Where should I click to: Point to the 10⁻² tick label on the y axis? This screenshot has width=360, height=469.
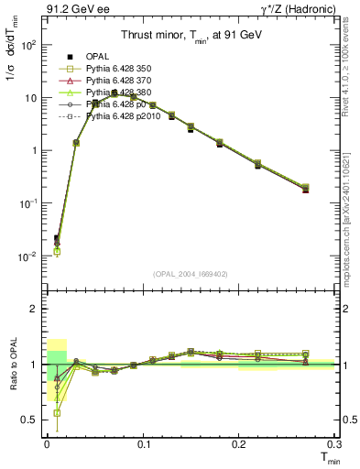pyautogui.click(x=27, y=256)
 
